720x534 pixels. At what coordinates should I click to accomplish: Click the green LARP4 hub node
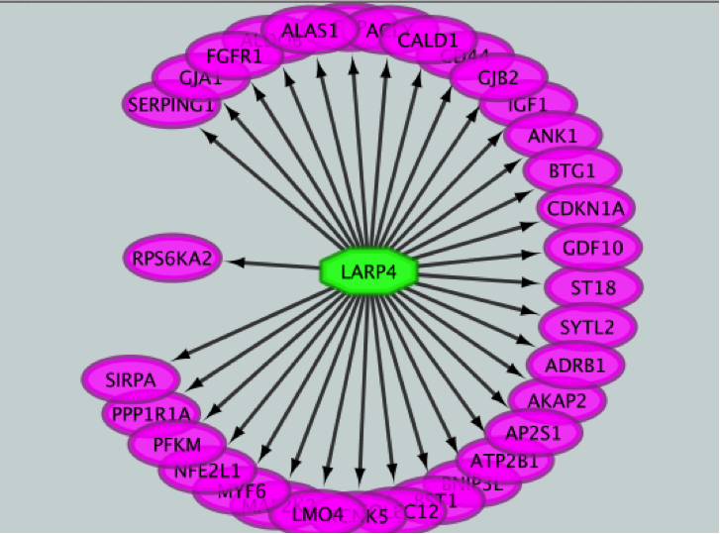(x=369, y=271)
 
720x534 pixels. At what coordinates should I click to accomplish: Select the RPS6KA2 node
(x=172, y=260)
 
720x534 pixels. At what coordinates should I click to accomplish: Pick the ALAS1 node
(x=309, y=31)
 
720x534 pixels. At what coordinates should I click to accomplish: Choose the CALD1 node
(x=428, y=41)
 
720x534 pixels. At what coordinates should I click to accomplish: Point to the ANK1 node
(x=552, y=135)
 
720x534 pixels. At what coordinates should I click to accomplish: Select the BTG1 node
(x=571, y=171)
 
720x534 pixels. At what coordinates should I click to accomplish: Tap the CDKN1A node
(x=585, y=209)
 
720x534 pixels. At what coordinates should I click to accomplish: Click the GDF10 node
(x=592, y=248)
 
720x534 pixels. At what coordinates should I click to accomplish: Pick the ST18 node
(x=593, y=287)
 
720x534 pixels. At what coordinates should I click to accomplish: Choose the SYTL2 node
(x=587, y=326)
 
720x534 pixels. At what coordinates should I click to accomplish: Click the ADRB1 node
(x=574, y=365)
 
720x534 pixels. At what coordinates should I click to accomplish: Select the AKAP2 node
(x=557, y=400)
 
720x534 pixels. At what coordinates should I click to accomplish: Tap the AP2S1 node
(x=534, y=432)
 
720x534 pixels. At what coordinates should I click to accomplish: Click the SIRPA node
(x=132, y=377)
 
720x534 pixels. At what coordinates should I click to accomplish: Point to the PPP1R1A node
(x=152, y=412)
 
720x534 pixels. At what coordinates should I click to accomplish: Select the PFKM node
(x=177, y=444)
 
